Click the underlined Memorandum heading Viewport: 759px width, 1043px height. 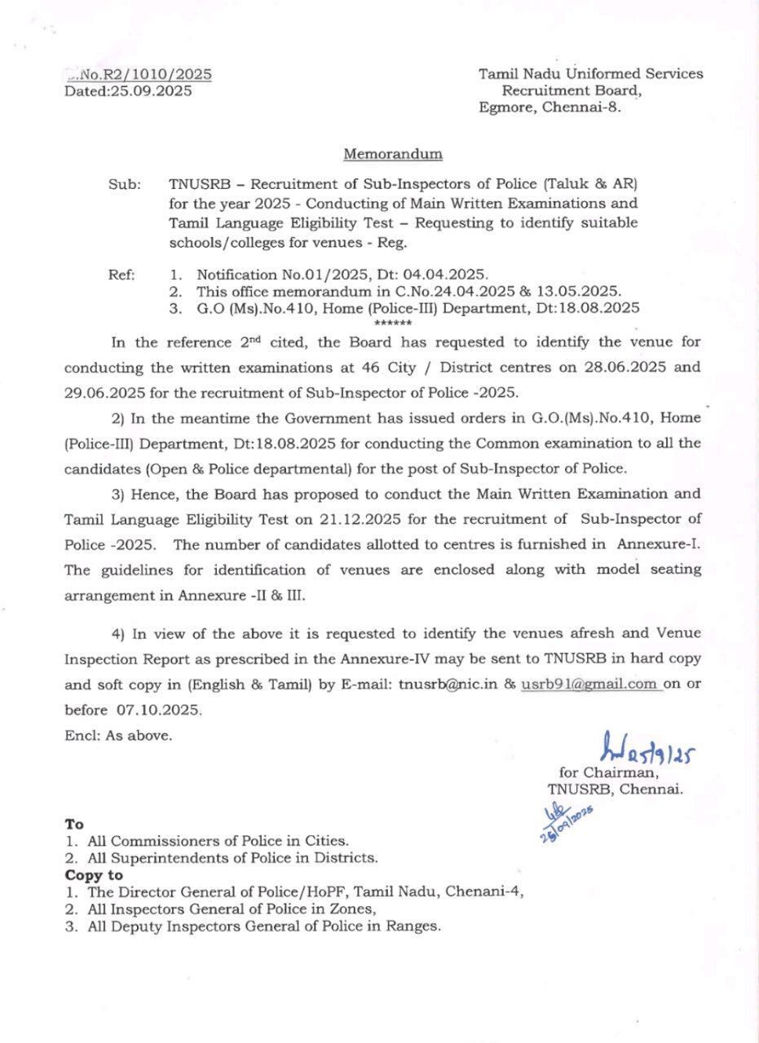393,153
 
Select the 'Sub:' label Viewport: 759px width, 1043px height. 125,184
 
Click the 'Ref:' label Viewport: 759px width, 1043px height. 122,275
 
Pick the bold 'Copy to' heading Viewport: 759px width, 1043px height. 94,875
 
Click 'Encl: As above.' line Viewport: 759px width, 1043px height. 118,735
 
